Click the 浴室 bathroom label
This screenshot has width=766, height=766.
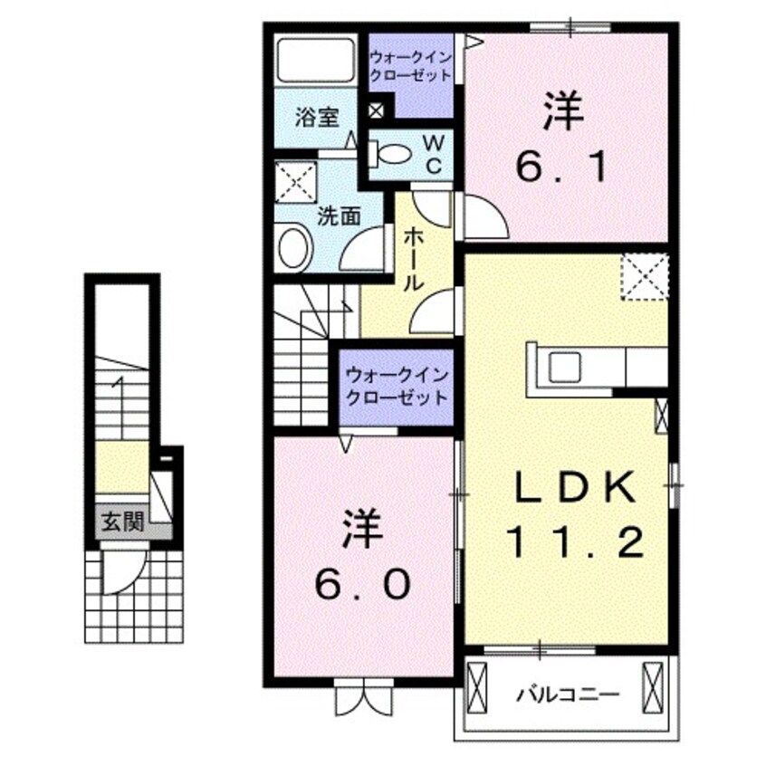coord(317,118)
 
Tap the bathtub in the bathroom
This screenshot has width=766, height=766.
coord(317,60)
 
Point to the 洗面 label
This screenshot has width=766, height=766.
coord(339,216)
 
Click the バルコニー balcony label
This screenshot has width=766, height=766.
coord(569,695)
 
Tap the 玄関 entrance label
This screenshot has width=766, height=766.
coord(122,522)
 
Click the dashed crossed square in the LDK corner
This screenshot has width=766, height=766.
coord(645,276)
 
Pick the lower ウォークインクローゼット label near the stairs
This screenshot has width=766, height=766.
coord(395,386)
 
